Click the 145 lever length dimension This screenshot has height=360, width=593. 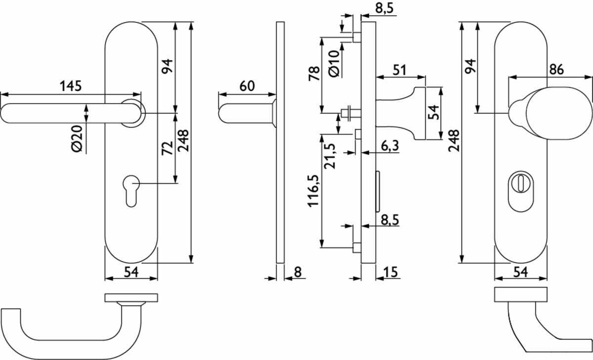pyautogui.click(x=71, y=86)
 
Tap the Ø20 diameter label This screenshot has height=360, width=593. pyautogui.click(x=77, y=139)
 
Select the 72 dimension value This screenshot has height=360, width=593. pyautogui.click(x=168, y=148)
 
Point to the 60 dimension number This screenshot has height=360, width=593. pyautogui.click(x=247, y=86)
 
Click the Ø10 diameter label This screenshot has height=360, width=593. pyautogui.click(x=334, y=64)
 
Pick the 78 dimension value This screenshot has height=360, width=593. pyautogui.click(x=314, y=74)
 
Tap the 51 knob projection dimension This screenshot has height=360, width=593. pyautogui.click(x=399, y=70)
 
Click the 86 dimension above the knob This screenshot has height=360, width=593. pyautogui.click(x=556, y=70)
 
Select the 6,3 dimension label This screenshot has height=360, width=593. pyautogui.click(x=390, y=146)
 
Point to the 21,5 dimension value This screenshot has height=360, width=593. pyautogui.click(x=330, y=156)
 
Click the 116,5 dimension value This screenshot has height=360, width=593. pyautogui.click(x=313, y=191)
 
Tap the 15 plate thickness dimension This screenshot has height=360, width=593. pyautogui.click(x=391, y=272)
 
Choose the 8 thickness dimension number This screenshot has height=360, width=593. pyautogui.click(x=298, y=272)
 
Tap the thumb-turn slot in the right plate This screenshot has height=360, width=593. pyautogui.click(x=521, y=183)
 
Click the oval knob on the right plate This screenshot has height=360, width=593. pyautogui.click(x=558, y=113)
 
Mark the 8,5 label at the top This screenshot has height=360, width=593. pyautogui.click(x=384, y=8)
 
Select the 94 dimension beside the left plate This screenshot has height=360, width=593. pyautogui.click(x=168, y=66)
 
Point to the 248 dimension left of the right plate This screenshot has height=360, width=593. pyautogui.click(x=454, y=140)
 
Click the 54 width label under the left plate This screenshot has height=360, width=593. pyautogui.click(x=131, y=272)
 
